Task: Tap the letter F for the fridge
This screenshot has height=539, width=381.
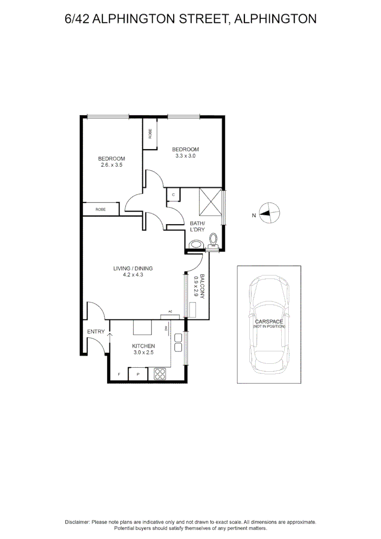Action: click(x=119, y=374)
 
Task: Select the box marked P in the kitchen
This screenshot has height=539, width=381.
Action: click(x=138, y=374)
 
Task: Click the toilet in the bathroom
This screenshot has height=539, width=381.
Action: click(x=214, y=241)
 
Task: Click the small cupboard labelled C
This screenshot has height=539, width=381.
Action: click(x=173, y=195)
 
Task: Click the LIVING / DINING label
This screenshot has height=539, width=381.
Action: click(x=133, y=269)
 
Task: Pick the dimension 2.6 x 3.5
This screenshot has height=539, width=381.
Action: click(x=111, y=165)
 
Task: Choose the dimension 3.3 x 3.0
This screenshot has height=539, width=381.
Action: click(x=185, y=156)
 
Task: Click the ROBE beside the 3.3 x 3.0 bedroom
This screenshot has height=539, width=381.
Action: click(x=150, y=134)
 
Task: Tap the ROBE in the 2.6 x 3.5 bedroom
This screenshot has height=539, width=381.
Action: click(x=101, y=210)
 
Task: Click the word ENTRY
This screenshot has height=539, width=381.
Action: click(x=96, y=332)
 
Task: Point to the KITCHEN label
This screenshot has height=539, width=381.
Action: click(x=143, y=346)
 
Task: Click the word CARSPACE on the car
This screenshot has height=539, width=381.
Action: click(x=269, y=322)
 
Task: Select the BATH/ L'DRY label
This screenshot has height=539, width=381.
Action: click(x=197, y=226)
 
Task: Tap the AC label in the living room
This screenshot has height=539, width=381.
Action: click(x=170, y=311)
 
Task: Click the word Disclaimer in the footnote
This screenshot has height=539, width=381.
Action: click(x=77, y=522)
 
